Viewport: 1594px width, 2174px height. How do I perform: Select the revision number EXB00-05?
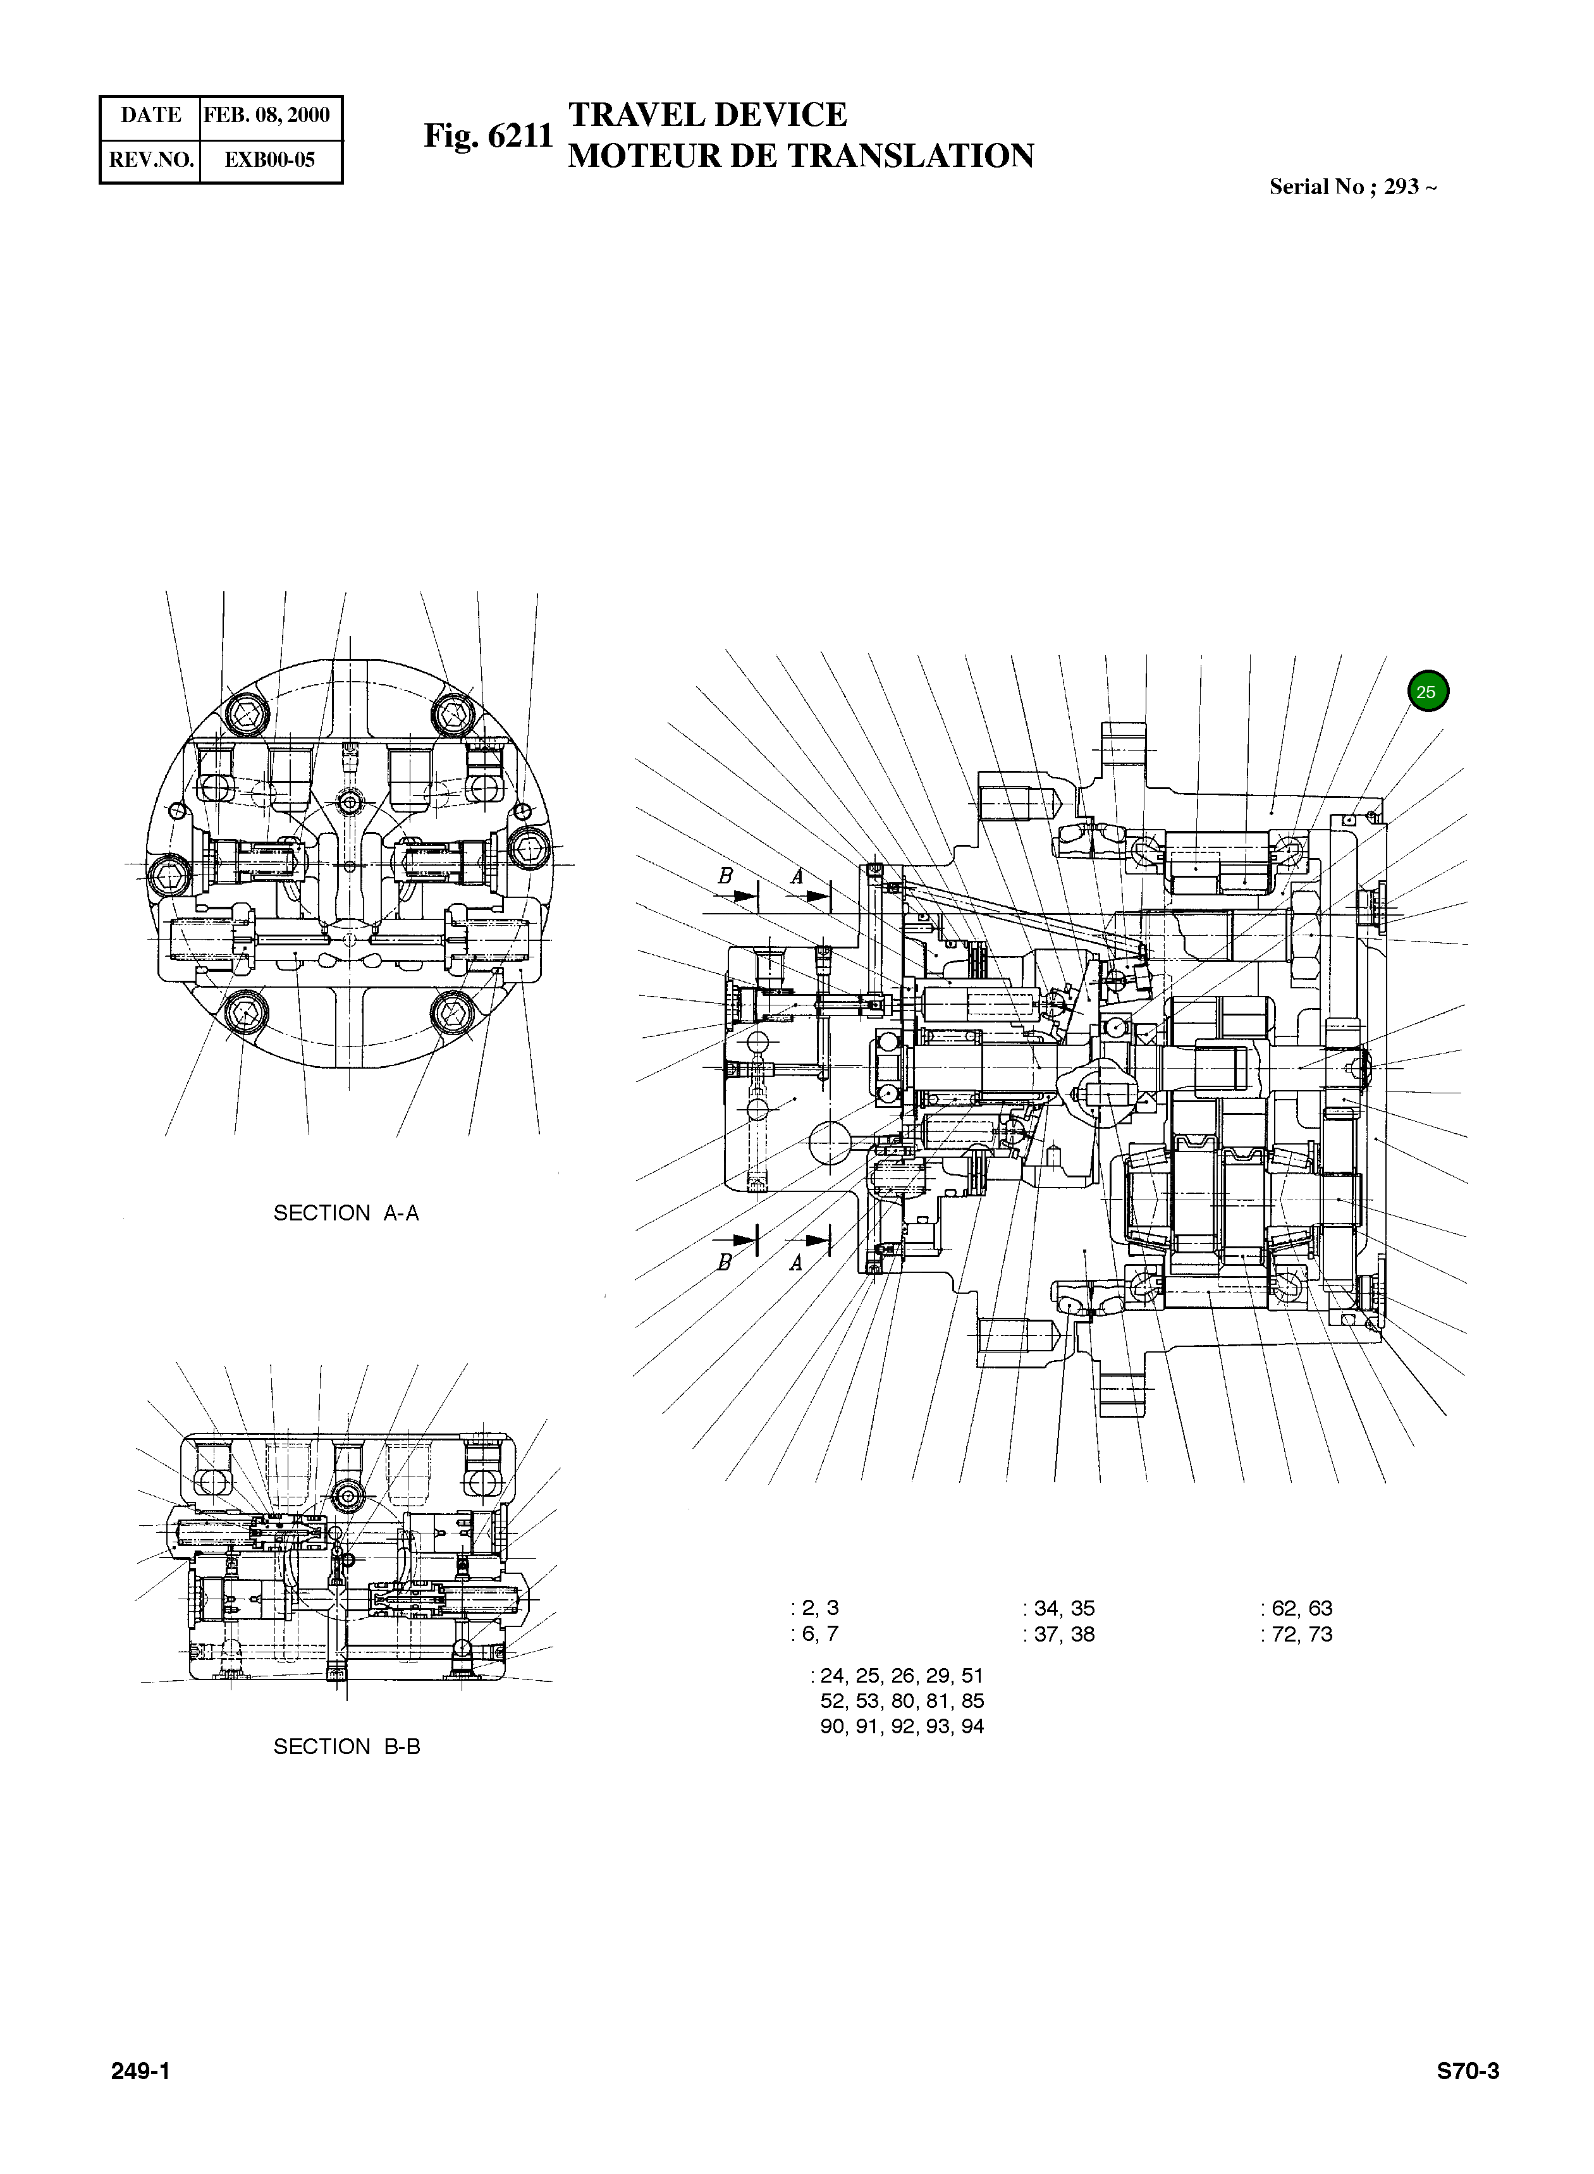pos(269,160)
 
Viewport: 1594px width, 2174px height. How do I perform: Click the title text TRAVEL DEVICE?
pos(708,115)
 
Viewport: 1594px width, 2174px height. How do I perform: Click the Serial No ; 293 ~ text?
pos(1352,187)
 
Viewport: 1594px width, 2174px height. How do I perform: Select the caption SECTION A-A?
pos(346,1213)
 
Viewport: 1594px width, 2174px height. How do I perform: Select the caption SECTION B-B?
pos(346,1747)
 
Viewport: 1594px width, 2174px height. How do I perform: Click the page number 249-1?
pos(141,2072)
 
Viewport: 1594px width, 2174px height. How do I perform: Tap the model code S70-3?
pos(1468,2072)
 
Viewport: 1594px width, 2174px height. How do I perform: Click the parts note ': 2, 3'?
pos(814,1607)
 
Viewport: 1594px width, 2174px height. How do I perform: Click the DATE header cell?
pos(150,115)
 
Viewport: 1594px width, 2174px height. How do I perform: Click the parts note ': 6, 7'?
pos(814,1633)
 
